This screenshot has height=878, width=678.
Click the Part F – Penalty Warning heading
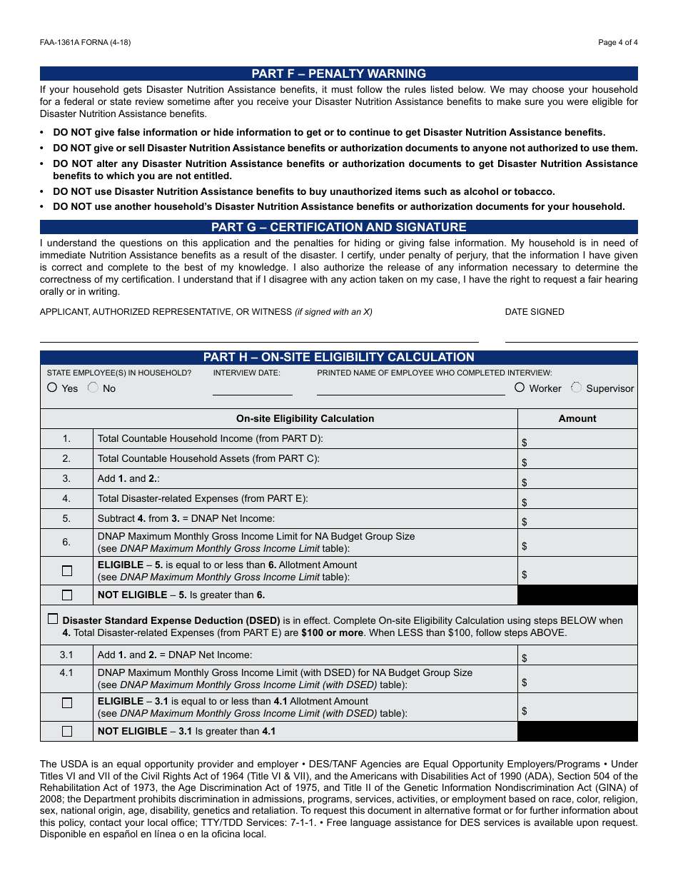click(338, 74)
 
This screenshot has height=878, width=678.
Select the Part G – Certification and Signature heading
click(338, 227)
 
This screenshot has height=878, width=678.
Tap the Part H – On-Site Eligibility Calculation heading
click(338, 357)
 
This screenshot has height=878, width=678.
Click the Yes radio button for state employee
click(52, 388)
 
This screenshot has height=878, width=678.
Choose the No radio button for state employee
click(93, 388)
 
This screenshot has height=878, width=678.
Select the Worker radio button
click(520, 388)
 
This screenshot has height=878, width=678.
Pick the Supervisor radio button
click(576, 388)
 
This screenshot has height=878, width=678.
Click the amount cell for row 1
click(577, 439)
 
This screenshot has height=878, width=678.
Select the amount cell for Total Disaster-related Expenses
click(577, 499)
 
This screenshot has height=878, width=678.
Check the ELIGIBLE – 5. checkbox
click(67, 571)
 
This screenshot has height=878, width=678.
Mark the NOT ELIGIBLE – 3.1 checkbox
click(67, 731)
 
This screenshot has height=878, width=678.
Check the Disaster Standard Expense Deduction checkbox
click(53, 619)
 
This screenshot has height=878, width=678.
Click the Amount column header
click(577, 419)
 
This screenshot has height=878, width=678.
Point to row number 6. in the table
click(66, 543)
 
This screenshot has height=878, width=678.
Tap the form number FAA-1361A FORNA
click(85, 42)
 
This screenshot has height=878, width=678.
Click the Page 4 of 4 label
click(617, 42)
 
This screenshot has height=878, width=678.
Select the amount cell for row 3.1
click(577, 655)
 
